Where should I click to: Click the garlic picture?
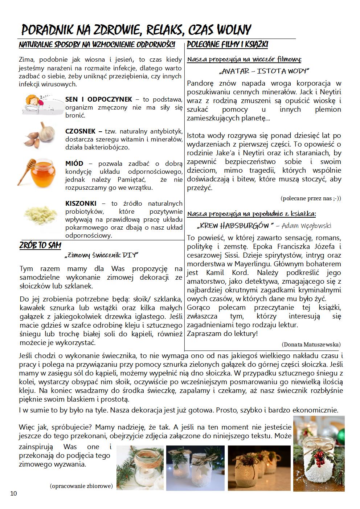coord(41,135)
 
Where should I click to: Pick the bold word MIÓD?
coord(74,163)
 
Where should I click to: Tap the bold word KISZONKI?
coord(81,203)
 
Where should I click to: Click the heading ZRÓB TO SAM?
coord(40,246)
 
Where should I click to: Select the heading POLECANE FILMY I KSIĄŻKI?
coord(228,45)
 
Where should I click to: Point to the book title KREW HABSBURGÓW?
coord(235,226)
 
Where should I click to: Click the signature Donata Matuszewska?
coord(311,344)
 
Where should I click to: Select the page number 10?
coord(13,493)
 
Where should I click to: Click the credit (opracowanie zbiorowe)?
coord(81,486)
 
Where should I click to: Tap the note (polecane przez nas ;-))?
coord(311,198)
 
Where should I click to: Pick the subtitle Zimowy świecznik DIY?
coord(101,255)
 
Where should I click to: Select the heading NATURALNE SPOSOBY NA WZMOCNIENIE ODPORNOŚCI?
coord(97,45)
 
